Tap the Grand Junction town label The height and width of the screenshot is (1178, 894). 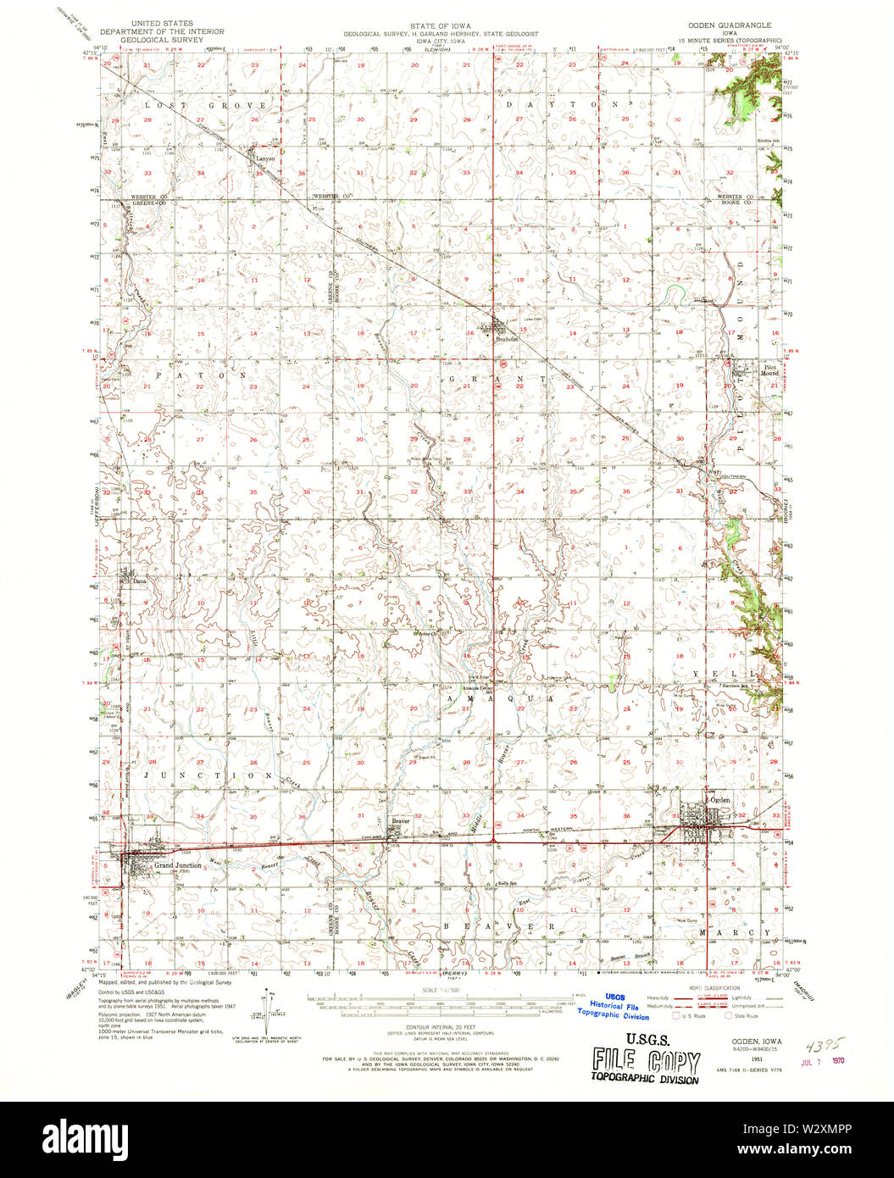(x=177, y=865)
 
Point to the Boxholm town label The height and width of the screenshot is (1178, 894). (x=505, y=334)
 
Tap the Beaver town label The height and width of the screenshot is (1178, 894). (x=400, y=820)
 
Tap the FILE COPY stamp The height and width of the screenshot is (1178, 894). (x=647, y=1062)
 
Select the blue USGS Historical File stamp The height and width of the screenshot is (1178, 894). (x=613, y=1006)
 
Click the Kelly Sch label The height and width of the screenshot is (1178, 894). (x=508, y=883)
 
